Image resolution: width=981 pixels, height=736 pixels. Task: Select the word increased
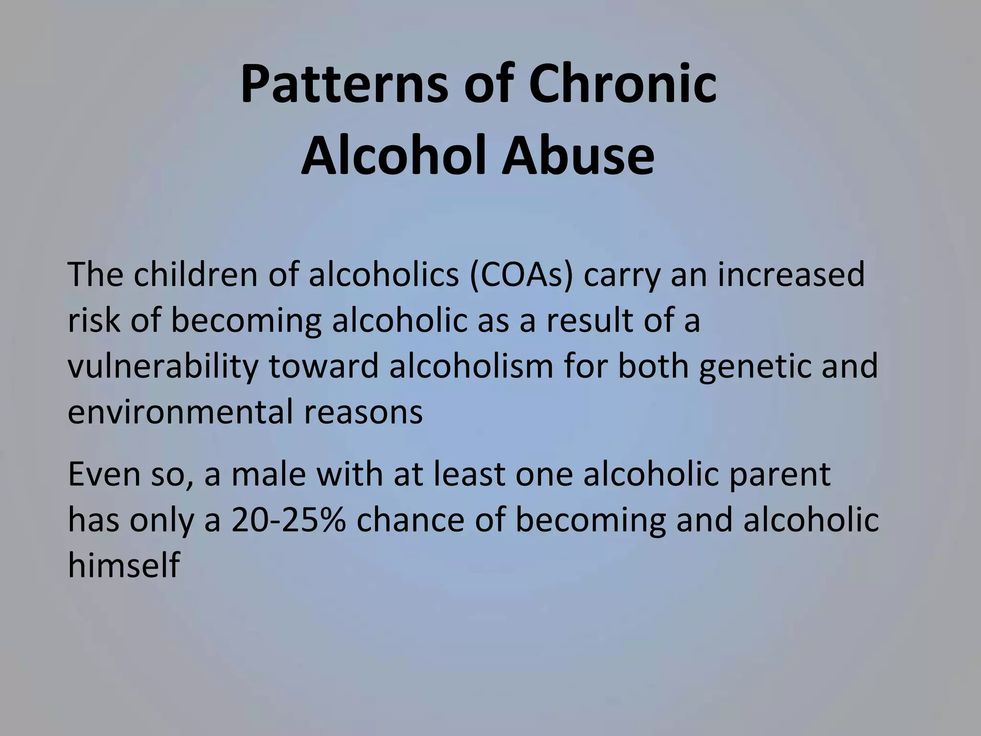791,275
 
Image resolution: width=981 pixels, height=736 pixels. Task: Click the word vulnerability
163,367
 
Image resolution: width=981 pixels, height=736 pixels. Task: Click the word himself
124,565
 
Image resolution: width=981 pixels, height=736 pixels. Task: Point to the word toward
324,367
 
